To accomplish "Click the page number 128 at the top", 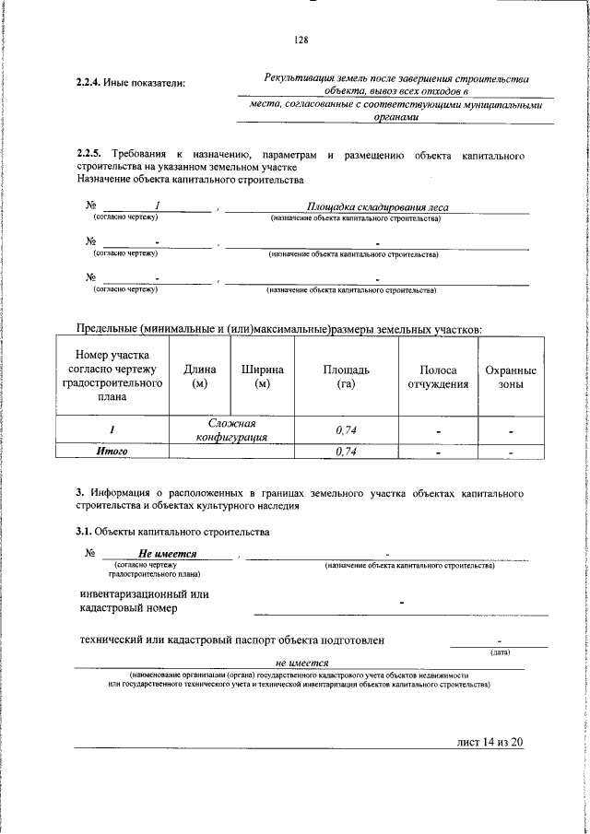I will tap(301, 40).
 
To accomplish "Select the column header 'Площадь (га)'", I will tap(346, 376).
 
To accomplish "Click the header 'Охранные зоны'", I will tap(511, 376).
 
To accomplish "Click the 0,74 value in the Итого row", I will tap(346, 452).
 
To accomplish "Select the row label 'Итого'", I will tap(112, 452).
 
